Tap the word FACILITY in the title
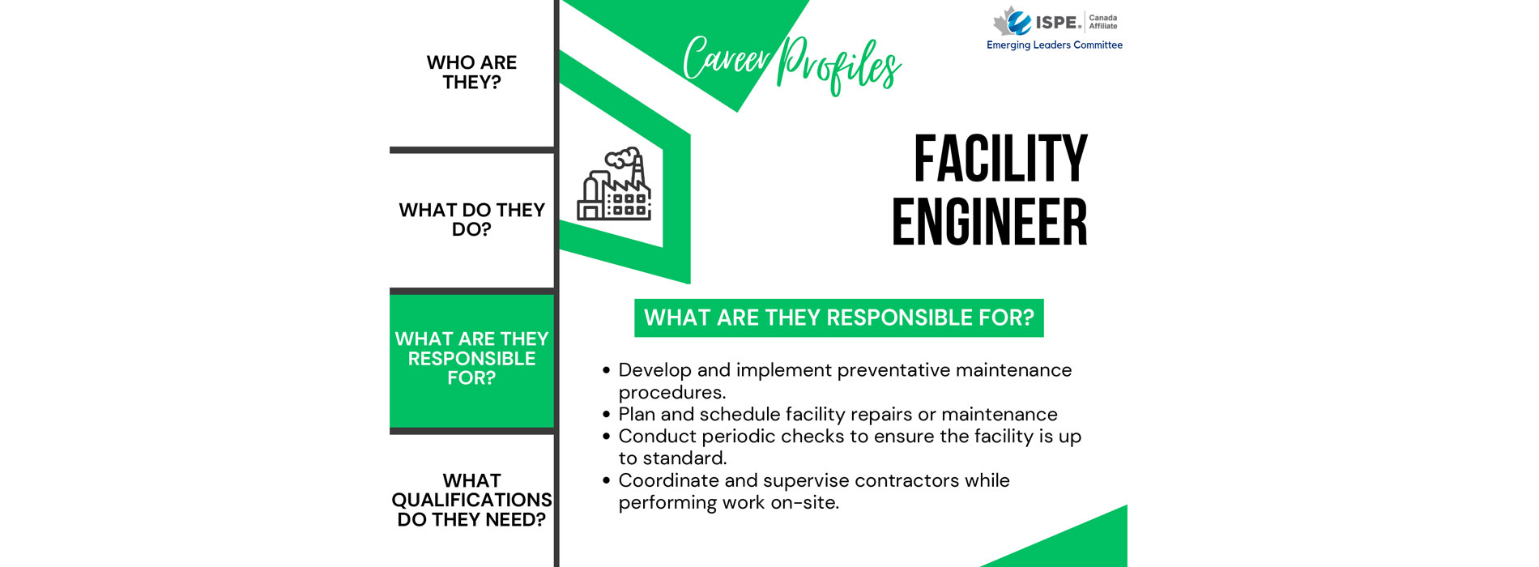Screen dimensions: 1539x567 coord(1000,159)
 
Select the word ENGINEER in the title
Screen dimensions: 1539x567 coord(989,222)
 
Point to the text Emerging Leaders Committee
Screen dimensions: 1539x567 coord(1054,45)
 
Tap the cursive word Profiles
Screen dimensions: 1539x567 coord(839,65)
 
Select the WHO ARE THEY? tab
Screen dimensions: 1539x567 coord(471,73)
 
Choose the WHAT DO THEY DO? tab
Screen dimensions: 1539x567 coord(471,220)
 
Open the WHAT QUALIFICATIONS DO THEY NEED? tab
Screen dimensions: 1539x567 coord(471,500)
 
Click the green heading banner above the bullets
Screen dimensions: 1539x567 coord(838,318)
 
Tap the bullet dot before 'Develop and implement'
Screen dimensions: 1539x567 coord(606,370)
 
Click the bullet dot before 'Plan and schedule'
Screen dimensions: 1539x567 coord(606,415)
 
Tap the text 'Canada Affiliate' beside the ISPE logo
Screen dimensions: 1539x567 coord(1103,22)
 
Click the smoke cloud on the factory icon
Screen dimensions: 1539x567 coord(623,157)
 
